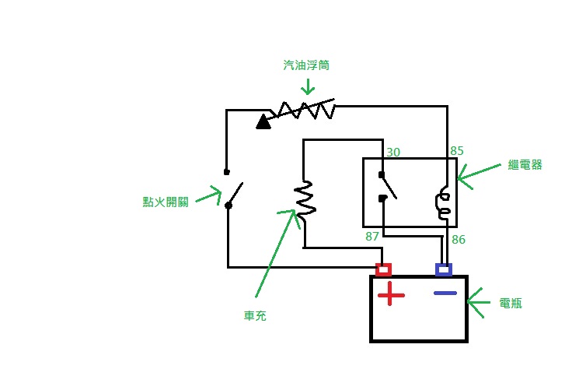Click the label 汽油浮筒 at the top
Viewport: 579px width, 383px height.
click(x=306, y=65)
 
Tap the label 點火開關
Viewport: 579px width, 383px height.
click(x=166, y=202)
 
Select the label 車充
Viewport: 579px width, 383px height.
click(x=255, y=316)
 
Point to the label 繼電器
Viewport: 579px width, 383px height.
click(x=525, y=164)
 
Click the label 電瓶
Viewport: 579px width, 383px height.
click(x=511, y=303)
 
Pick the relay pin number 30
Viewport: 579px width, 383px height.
click(x=393, y=153)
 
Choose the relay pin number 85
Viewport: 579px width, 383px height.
click(x=457, y=151)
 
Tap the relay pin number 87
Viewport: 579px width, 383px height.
click(x=372, y=236)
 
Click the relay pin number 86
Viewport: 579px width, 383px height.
click(x=459, y=240)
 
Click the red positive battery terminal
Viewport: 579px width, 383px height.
click(x=383, y=270)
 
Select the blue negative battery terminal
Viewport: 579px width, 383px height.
click(x=444, y=270)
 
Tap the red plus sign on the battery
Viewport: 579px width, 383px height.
click(x=391, y=294)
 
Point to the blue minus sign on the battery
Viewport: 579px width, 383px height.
click(x=445, y=293)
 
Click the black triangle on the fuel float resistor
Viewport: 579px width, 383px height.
click(x=263, y=122)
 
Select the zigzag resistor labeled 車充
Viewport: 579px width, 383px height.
click(x=305, y=199)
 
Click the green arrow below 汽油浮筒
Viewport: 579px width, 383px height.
click(x=308, y=86)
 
